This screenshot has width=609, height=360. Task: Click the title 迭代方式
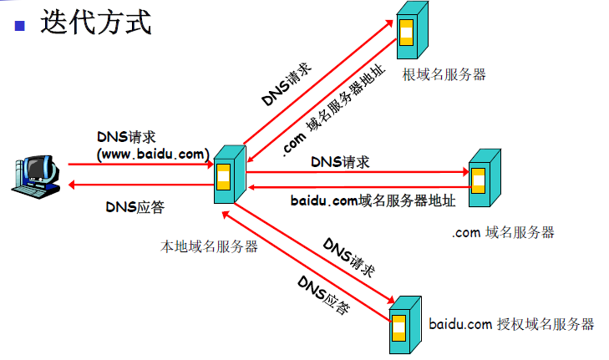pos(96,23)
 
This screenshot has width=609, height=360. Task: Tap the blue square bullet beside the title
pos(19,26)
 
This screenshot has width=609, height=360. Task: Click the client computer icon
pos(36,177)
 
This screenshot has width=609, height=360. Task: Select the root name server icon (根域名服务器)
pos(412,30)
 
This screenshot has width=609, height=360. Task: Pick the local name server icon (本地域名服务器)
pos(230,175)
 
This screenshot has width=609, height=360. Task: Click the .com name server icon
pos(485,177)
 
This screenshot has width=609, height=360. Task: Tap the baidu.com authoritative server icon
pos(405,325)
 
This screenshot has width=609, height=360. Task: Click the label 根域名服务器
pos(444,74)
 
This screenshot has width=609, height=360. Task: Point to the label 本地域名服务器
pos(209,246)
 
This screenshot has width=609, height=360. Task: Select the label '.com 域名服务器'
pos(503,232)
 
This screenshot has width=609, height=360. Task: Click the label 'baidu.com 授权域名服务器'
pos(511,324)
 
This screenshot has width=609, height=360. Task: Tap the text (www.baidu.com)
pos(153,155)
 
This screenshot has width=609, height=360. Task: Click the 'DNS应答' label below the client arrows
pos(135,207)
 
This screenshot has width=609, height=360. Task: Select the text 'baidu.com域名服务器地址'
pos(373,200)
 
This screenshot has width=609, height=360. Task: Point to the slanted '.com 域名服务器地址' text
pos(333,111)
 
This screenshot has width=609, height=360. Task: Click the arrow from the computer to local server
pos(140,165)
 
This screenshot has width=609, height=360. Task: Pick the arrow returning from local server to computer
pos(141,185)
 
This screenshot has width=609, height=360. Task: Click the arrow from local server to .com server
pos(358,172)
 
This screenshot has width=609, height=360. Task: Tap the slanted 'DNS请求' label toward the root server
pos(287,84)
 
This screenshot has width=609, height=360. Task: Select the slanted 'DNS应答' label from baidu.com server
pos(323,295)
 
